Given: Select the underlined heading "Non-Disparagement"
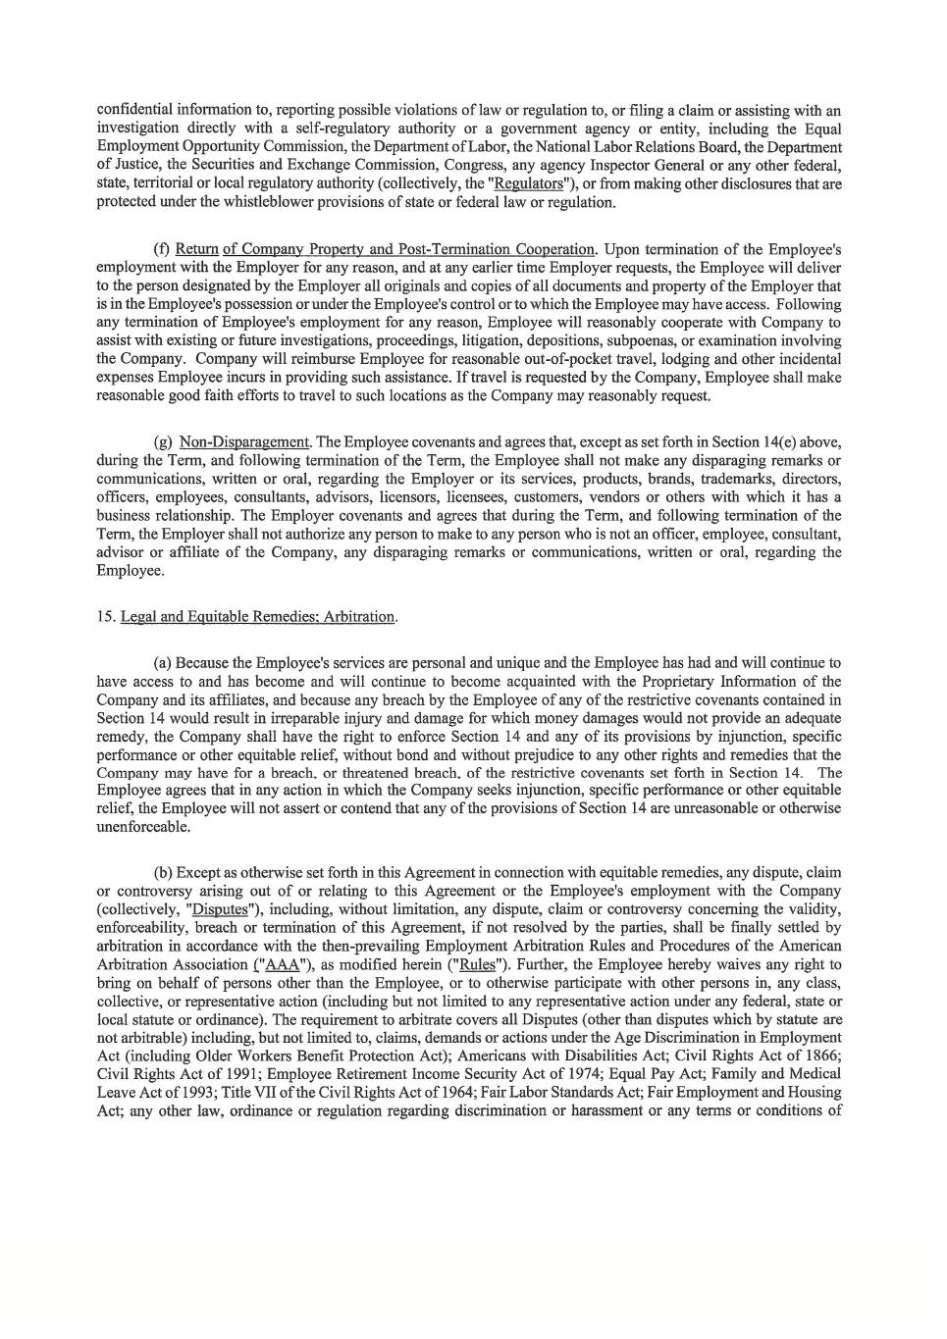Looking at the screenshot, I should (244, 442).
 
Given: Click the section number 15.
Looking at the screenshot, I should (106, 617).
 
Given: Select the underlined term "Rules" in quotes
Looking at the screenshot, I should (476, 964).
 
